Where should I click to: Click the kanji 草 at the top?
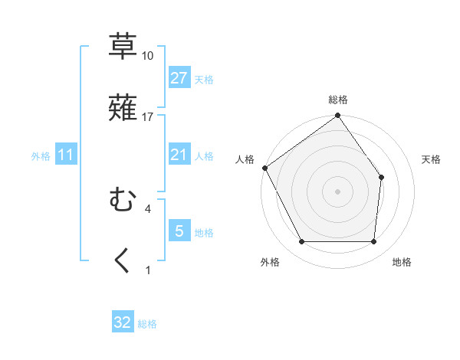(x=123, y=46)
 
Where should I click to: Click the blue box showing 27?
(x=179, y=77)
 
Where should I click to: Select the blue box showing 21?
(x=179, y=155)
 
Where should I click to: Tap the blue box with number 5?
(x=179, y=231)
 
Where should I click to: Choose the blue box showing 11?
(x=65, y=155)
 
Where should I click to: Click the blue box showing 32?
(x=123, y=322)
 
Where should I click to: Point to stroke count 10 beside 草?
(x=147, y=56)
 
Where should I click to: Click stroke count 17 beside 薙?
(x=147, y=116)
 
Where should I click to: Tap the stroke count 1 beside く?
(x=147, y=270)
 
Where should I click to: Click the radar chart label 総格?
(x=337, y=100)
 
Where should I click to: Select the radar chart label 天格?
(x=431, y=159)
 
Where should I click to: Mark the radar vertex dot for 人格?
(x=264, y=168)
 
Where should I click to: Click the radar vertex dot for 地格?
(x=374, y=242)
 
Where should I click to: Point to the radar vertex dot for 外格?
(x=301, y=242)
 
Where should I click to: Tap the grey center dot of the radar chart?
(x=337, y=191)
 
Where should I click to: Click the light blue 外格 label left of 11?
(x=41, y=155)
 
